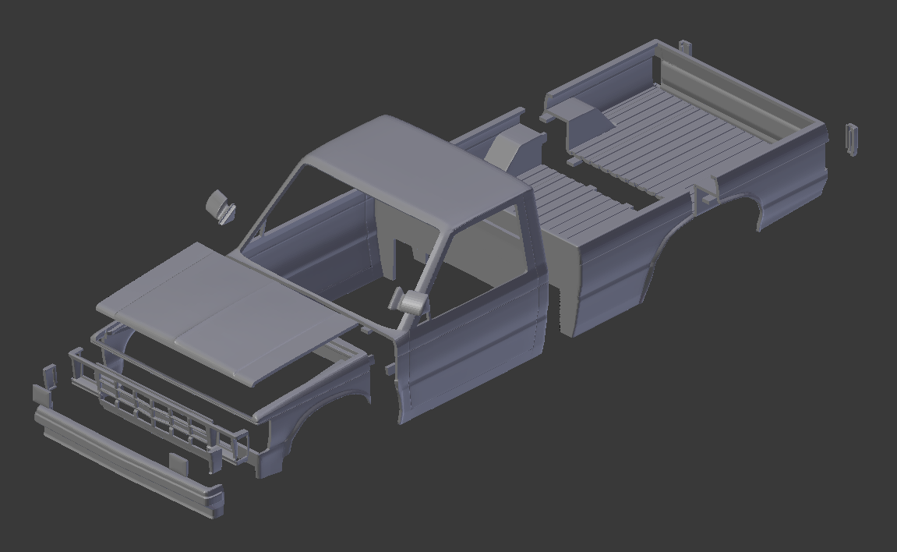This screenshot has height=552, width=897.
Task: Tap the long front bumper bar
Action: pos(125,460)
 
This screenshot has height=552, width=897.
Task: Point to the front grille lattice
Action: pos(156,405)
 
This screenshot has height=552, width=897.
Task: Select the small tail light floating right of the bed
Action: pos(852,139)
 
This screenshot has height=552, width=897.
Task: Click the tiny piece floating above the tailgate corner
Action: pos(685,48)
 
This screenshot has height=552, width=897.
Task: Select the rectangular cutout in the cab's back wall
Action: pos(405,257)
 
